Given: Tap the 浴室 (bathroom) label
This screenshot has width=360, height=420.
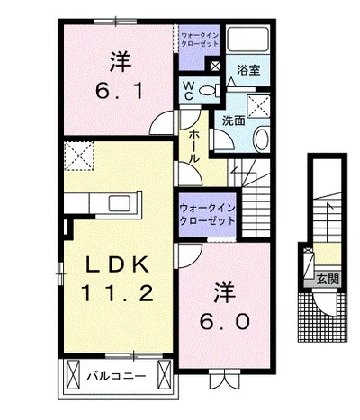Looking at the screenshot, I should click(x=247, y=68).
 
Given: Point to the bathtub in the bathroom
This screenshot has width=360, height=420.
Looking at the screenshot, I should click(x=247, y=40).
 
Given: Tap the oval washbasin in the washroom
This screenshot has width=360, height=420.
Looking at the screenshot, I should click(x=261, y=140).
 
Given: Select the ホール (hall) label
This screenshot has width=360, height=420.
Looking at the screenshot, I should click(x=192, y=143).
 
